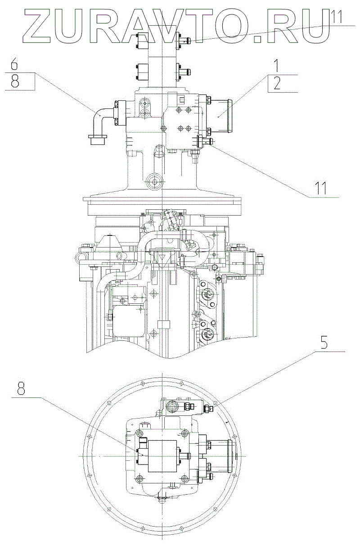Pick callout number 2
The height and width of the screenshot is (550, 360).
pyautogui.click(x=277, y=84)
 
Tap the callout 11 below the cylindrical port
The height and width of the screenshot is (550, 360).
pyautogui.click(x=320, y=189)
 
